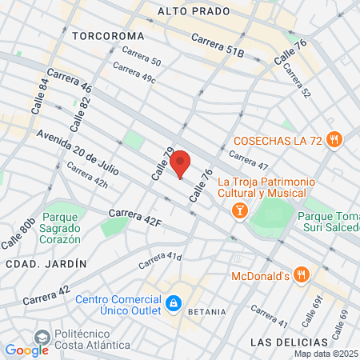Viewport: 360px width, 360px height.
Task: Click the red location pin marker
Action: click(181, 163)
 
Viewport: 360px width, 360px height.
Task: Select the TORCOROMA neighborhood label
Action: click(108, 36)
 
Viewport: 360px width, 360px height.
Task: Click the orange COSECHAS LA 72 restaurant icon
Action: click(335, 140)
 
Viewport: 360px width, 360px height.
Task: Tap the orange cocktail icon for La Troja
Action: click(238, 210)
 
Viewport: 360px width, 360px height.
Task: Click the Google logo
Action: click(26, 350)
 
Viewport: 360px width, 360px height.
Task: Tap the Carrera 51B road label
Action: click(217, 45)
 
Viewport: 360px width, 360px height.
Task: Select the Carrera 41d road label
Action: click(161, 261)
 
